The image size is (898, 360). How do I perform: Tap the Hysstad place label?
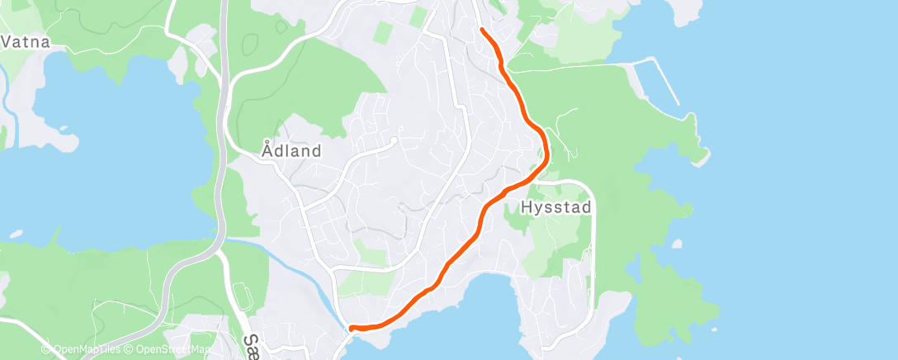[x=556, y=208]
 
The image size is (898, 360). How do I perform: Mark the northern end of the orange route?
[x=481, y=31]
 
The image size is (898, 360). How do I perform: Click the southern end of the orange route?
[x=352, y=329]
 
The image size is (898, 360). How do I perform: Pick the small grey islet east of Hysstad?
[x=677, y=244]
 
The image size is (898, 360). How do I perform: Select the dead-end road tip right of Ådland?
[x=394, y=140]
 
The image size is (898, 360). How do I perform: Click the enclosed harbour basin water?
[x=652, y=91]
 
